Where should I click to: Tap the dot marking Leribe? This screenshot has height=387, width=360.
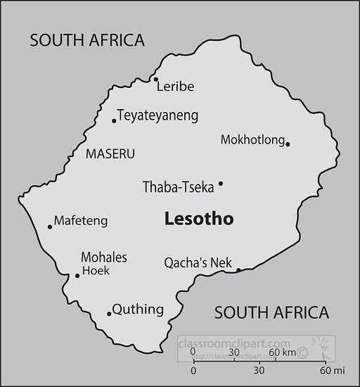[x=155, y=80]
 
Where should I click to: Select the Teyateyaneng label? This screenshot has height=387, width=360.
[x=157, y=115]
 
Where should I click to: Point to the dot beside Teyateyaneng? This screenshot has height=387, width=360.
[x=114, y=121]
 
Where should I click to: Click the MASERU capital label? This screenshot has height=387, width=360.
[x=110, y=153]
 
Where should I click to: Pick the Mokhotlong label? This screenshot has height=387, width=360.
[x=252, y=139]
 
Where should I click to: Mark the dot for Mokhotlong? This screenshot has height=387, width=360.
[x=288, y=144]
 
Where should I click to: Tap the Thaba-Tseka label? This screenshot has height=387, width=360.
[x=178, y=187]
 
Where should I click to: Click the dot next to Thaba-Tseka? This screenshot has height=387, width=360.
[x=221, y=184]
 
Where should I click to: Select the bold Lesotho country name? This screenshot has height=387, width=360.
[x=199, y=219]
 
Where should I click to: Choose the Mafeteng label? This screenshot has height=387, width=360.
[x=81, y=221]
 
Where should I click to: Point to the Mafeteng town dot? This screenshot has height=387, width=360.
[x=50, y=227]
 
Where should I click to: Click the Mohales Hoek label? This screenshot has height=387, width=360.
[x=104, y=262]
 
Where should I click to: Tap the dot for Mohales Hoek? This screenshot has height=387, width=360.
[x=77, y=275]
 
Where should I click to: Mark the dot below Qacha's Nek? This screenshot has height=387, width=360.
[x=238, y=270]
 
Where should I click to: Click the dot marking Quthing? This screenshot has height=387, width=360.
[x=109, y=314]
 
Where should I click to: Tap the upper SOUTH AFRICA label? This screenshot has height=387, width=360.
[x=87, y=40]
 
